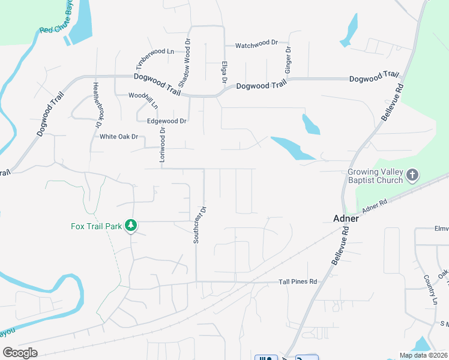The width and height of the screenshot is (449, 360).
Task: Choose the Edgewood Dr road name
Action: point(167,121)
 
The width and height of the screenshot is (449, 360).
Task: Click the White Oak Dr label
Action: point(119,137)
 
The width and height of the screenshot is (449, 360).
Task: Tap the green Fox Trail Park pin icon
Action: point(131,226)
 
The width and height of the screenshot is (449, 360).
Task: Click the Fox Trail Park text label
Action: point(96,226)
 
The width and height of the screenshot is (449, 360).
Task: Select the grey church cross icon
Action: point(412,175)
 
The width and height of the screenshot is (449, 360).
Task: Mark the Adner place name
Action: point(346,218)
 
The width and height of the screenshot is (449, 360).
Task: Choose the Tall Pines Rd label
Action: point(298,281)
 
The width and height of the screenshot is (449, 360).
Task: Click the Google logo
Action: point(20,352)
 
